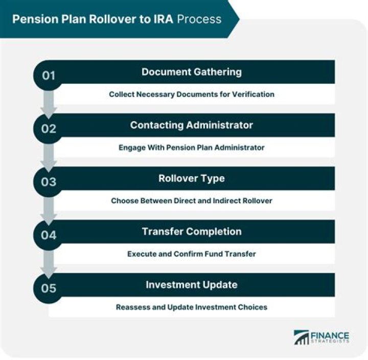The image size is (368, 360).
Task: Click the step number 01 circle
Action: coord(49,76)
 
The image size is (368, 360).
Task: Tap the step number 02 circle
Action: coord(49,129)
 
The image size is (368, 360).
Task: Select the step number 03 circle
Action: coord(49,182)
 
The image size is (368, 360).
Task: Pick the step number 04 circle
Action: coord(49,235)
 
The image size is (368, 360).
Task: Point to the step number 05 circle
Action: coord(49,289)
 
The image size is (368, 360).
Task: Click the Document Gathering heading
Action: coord(191,72)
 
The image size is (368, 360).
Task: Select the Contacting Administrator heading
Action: coord(191,125)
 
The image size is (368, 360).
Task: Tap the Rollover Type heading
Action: coord(191,179)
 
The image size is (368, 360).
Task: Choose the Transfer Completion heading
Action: coord(191,232)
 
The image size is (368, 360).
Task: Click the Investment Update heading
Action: coord(191,285)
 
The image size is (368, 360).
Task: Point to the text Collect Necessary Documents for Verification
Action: coord(191,94)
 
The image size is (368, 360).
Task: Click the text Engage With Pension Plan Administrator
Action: coord(191,148)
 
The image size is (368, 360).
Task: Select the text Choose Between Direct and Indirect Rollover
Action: coord(191,201)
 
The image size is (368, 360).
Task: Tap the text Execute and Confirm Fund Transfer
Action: coord(191,254)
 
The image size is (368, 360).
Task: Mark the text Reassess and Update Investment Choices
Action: coord(191,307)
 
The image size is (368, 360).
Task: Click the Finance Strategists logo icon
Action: coord(301,337)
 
